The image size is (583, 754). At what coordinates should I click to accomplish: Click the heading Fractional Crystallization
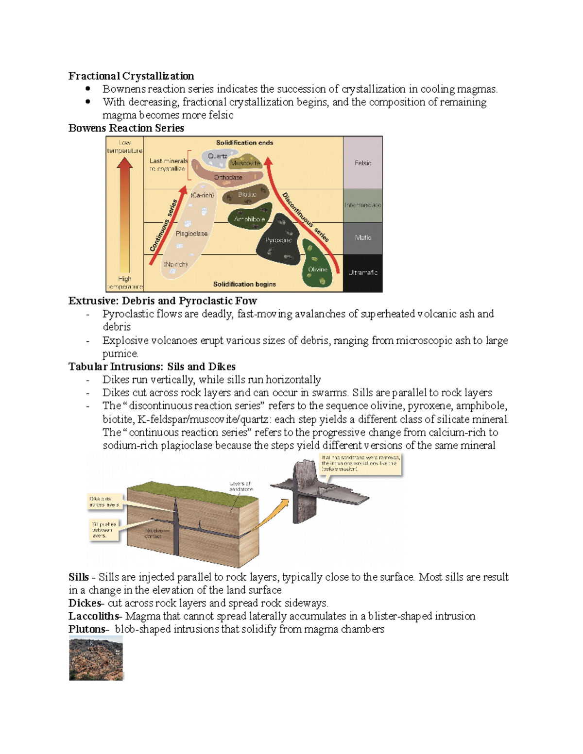(x=131, y=76)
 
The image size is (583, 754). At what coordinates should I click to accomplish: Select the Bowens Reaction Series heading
(x=126, y=128)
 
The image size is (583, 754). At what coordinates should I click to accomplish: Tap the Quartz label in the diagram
(x=217, y=156)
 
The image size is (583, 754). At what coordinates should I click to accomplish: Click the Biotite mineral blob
(x=247, y=194)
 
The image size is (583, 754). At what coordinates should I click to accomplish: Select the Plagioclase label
(x=191, y=234)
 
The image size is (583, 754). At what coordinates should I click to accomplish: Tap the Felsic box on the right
(x=363, y=163)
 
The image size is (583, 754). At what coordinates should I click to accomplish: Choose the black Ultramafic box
(x=363, y=272)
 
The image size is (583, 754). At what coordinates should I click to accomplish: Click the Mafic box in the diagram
(x=363, y=237)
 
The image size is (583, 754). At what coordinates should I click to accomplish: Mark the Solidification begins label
(x=244, y=284)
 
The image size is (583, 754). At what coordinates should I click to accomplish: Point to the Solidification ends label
(x=244, y=143)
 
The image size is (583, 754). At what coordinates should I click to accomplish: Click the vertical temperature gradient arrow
(x=125, y=214)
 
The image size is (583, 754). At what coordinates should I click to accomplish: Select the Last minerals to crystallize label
(x=168, y=165)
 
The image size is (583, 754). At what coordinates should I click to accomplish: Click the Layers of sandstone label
(x=240, y=486)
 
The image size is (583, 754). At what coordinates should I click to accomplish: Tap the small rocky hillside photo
(x=96, y=659)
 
